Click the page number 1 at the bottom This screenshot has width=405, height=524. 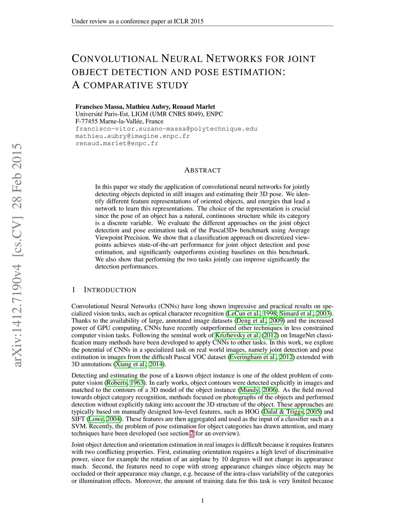tap(202, 501)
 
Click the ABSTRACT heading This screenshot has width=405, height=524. tap(202, 170)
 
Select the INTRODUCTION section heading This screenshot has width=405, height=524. tap(110, 290)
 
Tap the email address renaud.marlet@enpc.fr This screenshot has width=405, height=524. tap(117, 143)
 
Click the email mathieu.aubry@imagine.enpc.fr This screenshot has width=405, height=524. tap(132, 136)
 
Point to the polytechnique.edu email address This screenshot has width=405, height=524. tap(166, 129)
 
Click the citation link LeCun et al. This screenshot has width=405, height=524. tap(244, 314)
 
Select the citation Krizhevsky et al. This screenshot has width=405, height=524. tap(237, 335)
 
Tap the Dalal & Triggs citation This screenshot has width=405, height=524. tap(283, 412)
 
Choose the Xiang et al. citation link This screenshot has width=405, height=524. tap(130, 364)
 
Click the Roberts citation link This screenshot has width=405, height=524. tap(117, 383)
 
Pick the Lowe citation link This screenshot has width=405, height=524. tap(96, 419)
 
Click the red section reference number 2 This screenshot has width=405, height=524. tap(192, 433)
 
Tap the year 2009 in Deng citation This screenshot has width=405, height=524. tap(276, 321)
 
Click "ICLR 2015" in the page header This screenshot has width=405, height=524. tap(188, 21)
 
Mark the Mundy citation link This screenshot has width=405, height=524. tap(250, 390)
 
